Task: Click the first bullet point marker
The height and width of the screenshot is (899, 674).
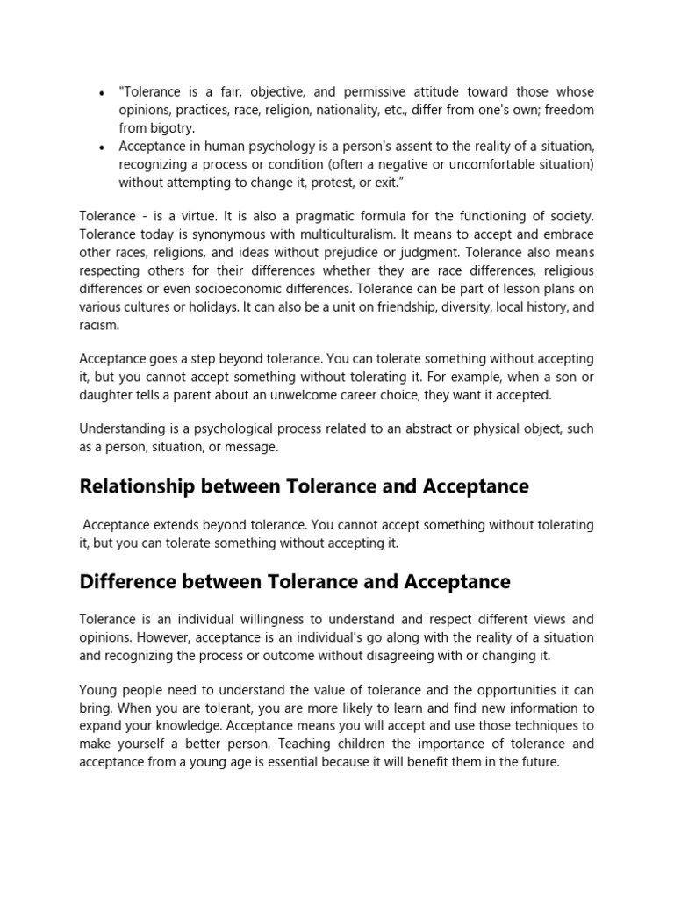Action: (x=103, y=93)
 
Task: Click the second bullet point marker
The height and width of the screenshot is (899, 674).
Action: (x=103, y=146)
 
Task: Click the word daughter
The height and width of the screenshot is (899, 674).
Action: (x=106, y=394)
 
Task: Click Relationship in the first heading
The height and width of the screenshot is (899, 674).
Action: (x=138, y=486)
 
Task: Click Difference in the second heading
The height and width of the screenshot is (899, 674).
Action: (x=128, y=582)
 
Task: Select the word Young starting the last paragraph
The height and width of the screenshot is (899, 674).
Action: (x=98, y=689)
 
